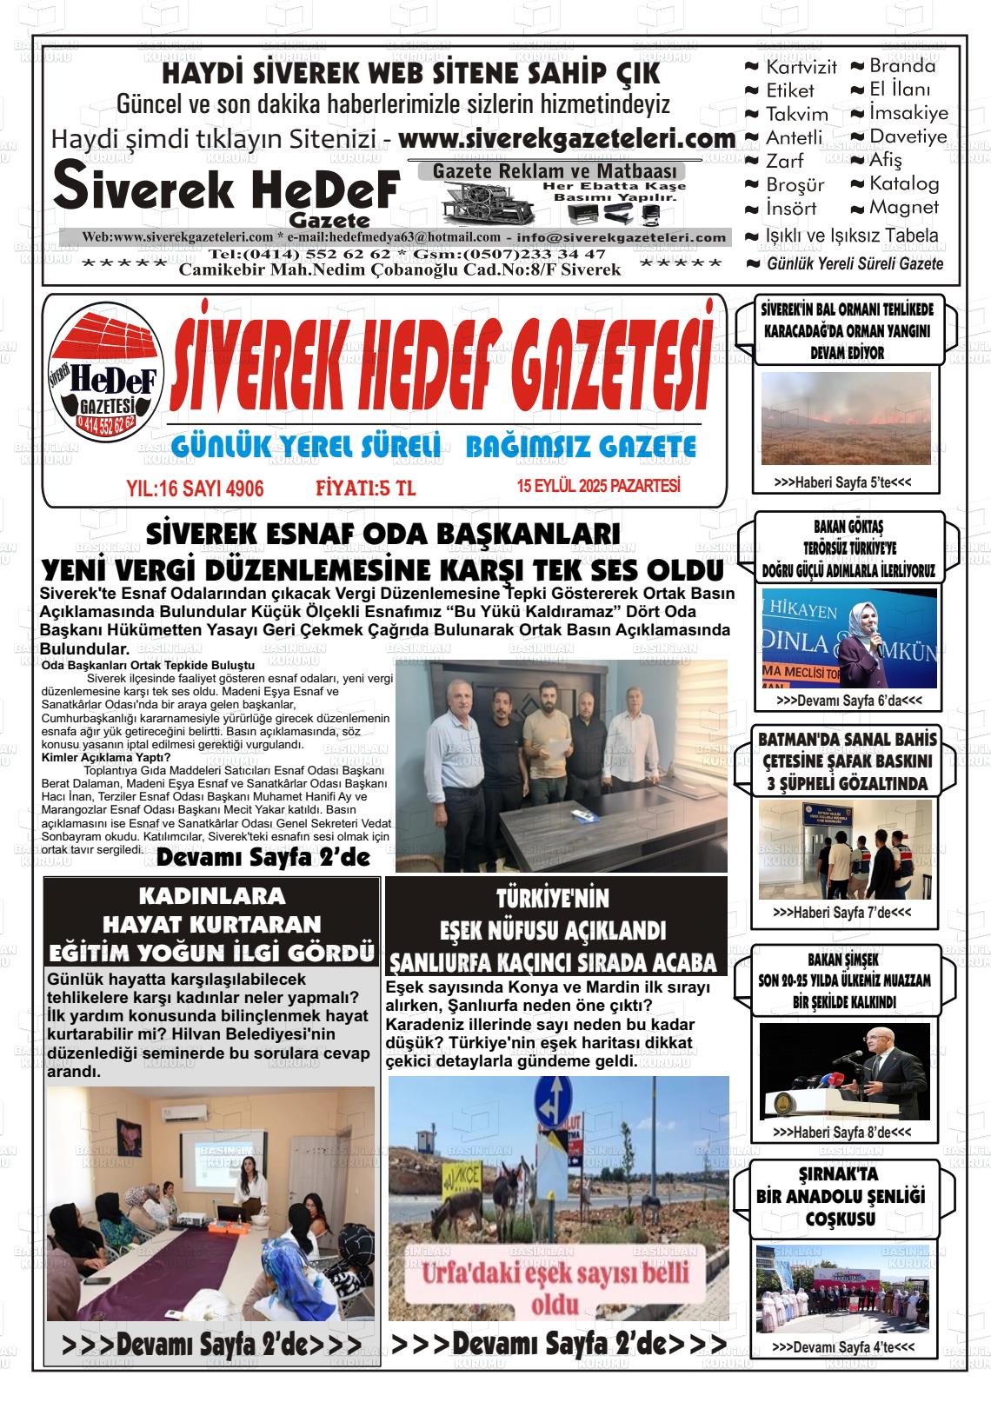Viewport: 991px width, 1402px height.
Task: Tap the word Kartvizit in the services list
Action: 801,67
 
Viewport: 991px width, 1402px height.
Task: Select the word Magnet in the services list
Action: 904,208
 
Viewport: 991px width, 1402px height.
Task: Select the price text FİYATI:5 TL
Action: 365,488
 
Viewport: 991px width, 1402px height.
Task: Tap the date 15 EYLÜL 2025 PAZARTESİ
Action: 598,486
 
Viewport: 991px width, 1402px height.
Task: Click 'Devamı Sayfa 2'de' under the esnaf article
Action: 263,859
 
